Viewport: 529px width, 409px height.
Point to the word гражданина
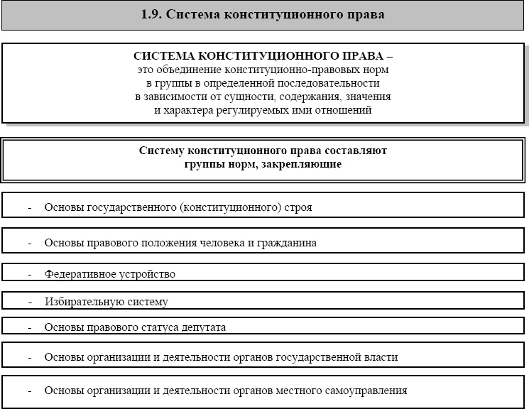pyautogui.click(x=287, y=243)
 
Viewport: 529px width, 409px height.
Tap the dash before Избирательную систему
pyautogui.click(x=31, y=302)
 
